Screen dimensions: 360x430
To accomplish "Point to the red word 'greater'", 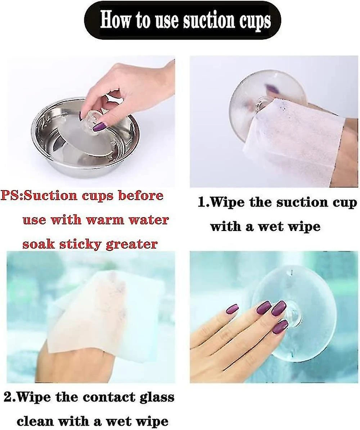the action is point(132,244).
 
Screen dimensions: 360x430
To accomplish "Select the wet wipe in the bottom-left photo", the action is point(91,313).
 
